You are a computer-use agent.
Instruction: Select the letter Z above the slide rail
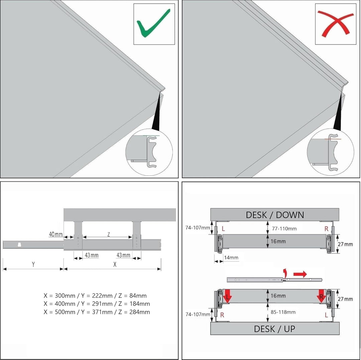[x=109, y=234]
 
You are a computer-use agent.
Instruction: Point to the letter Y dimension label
[x=33, y=264]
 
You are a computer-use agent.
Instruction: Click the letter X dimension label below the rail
[x=115, y=264]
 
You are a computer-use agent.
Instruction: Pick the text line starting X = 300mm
[x=95, y=296]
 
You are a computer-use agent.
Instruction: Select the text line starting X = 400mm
[x=97, y=304]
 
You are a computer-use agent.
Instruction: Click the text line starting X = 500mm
[x=97, y=312]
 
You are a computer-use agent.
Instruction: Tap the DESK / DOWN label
[x=275, y=215]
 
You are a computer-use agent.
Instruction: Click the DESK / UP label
[x=274, y=329]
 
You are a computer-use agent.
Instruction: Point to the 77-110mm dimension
[x=284, y=229]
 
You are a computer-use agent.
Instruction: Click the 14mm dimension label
[x=231, y=257]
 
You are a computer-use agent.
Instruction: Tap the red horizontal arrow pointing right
[x=300, y=274]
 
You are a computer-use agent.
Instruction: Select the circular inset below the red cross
[x=330, y=152]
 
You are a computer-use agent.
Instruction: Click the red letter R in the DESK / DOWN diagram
[x=327, y=229]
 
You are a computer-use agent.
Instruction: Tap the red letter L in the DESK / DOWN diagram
[x=223, y=229]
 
